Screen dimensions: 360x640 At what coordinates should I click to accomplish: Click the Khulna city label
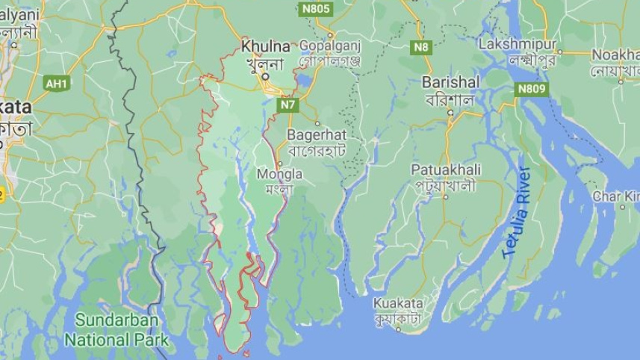(x=265, y=46)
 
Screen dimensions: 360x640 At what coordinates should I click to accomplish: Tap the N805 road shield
(x=315, y=9)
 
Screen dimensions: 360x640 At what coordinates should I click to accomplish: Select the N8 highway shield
(x=422, y=47)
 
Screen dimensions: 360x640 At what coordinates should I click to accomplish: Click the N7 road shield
(x=288, y=105)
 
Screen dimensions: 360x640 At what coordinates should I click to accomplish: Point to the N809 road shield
(x=531, y=89)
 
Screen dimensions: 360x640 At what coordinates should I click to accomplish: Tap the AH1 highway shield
(x=56, y=83)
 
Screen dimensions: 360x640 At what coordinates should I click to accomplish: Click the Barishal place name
(x=450, y=82)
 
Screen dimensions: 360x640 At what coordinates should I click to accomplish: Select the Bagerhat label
(x=317, y=135)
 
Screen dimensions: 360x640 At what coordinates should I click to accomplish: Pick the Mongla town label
(x=279, y=174)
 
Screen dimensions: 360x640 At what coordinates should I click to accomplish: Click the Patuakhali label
(x=446, y=170)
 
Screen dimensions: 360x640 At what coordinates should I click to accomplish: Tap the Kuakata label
(x=398, y=304)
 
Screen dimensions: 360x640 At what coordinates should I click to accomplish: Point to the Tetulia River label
(x=516, y=213)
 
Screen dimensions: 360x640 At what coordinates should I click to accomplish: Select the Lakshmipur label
(x=518, y=44)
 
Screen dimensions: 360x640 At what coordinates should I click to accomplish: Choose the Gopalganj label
(x=329, y=46)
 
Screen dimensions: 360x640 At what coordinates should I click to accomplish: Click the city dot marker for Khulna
(x=265, y=76)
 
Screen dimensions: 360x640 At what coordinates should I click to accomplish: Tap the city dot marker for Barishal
(x=450, y=113)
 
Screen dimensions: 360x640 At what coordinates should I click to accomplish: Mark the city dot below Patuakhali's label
(x=446, y=197)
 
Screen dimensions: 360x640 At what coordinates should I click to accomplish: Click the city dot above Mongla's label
(x=279, y=164)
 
